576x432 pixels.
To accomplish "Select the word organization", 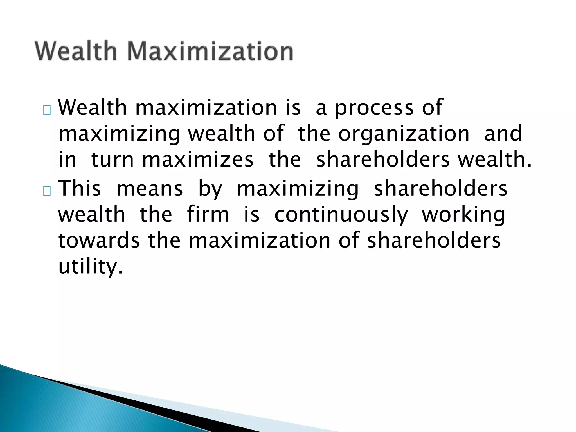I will pos(404,134).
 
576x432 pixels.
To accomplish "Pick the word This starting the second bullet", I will pos(79,188).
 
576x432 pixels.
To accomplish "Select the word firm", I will pos(208,215).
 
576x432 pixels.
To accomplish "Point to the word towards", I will pos(99,241).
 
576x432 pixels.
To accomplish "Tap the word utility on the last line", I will pos(91,267).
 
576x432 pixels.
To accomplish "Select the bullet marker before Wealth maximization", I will pos(47,111).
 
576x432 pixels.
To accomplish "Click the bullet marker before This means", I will pos(47,192).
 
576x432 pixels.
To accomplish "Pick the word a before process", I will pos(321,108).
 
